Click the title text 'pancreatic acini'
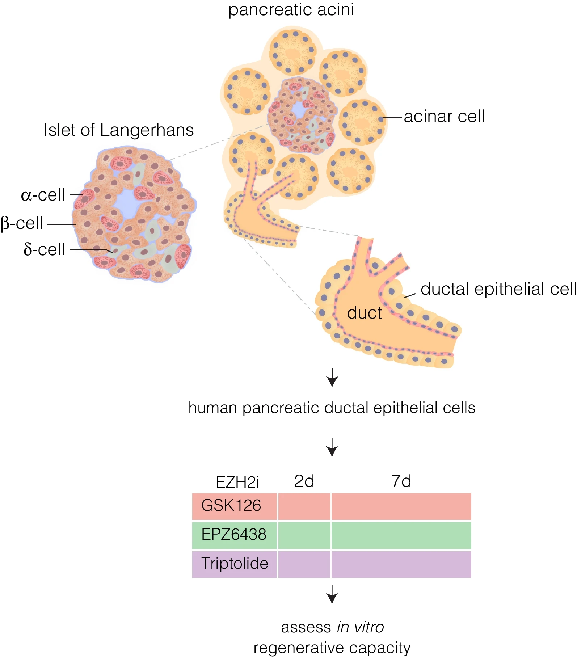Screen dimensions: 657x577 (291, 10)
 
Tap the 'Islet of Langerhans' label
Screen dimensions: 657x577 (118, 130)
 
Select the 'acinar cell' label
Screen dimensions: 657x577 (444, 117)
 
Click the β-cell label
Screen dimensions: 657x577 (22, 223)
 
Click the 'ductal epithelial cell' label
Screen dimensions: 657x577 (498, 289)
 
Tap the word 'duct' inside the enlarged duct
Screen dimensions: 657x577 (364, 313)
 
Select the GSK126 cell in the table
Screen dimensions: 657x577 (232, 506)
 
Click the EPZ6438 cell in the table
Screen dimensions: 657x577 (234, 535)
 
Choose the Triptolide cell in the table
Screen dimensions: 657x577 (235, 564)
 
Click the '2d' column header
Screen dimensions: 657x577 (304, 481)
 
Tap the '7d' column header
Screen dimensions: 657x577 (401, 481)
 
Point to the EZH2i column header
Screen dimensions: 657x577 (237, 482)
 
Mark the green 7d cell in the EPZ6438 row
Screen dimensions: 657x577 (401, 535)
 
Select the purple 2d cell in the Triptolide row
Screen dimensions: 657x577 (304, 564)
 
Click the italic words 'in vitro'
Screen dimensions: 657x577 (360, 627)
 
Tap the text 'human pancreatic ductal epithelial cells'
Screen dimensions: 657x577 (332, 408)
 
